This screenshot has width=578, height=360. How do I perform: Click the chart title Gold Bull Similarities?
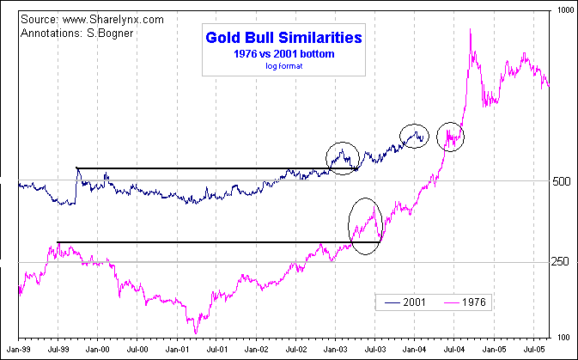pyautogui.click(x=283, y=38)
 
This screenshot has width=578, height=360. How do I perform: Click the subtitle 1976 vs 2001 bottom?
pyautogui.click(x=283, y=53)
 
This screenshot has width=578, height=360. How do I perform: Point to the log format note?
pyautogui.click(x=283, y=65)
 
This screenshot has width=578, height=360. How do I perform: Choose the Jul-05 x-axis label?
pyautogui.click(x=534, y=351)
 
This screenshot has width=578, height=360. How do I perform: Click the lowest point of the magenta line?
pyautogui.click(x=196, y=333)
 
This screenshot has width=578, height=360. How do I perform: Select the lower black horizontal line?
pyautogui.click(x=215, y=242)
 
